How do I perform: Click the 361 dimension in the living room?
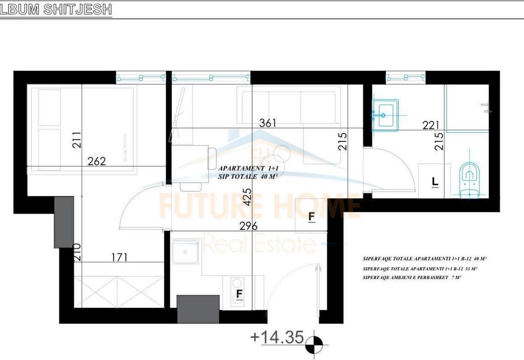(x=268, y=123)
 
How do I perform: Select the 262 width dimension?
(x=96, y=161)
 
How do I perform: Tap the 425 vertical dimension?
(x=248, y=197)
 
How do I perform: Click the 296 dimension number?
(x=248, y=226)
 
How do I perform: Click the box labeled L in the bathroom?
(x=434, y=181)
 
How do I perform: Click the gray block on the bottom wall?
(x=198, y=309)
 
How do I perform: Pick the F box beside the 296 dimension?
(x=311, y=217)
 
